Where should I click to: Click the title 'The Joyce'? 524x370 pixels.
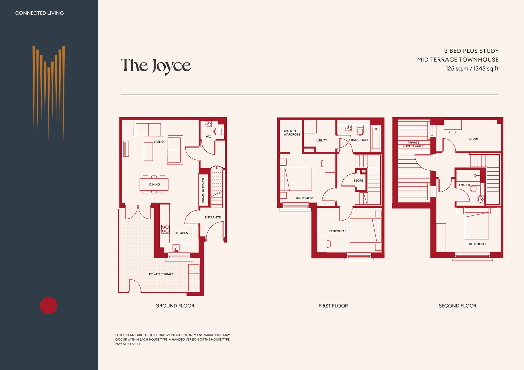156,66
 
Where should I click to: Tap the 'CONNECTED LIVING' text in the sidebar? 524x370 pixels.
39,13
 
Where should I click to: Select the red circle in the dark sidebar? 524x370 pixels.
48,306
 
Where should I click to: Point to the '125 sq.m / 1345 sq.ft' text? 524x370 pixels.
472,69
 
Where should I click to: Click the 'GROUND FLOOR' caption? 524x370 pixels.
175,306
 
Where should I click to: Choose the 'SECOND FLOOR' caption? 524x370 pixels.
458,306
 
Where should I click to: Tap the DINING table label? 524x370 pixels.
155,184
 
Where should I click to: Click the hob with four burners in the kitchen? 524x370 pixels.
165,229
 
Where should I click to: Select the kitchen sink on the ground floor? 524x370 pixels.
176,248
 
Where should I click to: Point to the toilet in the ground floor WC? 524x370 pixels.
218,131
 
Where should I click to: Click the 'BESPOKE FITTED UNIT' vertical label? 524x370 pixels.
203,190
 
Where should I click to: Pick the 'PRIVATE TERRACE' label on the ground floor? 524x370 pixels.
161,274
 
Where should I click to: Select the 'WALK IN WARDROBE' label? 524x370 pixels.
292,133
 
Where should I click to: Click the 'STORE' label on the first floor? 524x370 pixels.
358,181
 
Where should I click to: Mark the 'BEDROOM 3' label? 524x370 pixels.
338,231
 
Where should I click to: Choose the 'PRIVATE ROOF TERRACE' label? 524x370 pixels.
413,144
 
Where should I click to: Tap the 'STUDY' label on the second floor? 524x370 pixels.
474,139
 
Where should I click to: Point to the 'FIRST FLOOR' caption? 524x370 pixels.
333,306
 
